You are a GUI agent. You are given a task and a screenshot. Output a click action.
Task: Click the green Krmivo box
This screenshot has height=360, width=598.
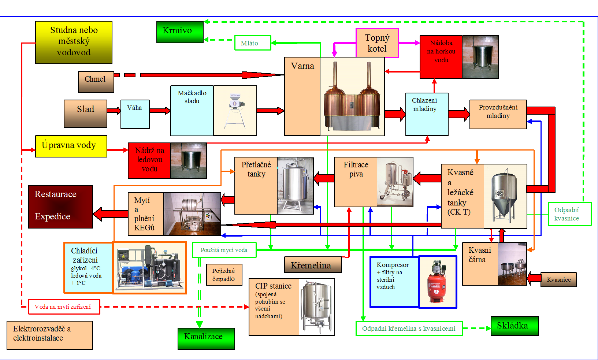180,32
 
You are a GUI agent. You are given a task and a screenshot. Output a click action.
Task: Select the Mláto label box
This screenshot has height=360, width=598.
252,43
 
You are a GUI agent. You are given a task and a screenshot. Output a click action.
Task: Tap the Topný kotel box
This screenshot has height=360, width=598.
377,43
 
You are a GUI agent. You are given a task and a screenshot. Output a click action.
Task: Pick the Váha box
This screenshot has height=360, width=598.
135,114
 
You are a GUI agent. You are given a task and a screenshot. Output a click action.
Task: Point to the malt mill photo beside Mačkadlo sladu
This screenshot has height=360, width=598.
235,111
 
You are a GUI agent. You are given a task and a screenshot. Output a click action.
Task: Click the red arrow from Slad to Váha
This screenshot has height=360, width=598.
114,111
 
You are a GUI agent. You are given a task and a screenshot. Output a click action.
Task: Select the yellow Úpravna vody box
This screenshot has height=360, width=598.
71,146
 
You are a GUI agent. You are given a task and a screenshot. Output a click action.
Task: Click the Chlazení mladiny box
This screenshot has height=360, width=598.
427,114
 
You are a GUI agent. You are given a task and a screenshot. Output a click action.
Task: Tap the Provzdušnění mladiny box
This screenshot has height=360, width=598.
498,114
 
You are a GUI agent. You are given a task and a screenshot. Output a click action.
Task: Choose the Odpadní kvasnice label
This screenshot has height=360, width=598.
569,214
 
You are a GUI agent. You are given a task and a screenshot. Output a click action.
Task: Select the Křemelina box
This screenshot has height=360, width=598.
313,265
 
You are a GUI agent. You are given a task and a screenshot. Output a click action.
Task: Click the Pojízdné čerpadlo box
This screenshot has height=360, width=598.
224,275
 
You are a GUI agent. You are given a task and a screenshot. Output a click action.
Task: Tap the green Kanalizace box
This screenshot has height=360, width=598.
206,338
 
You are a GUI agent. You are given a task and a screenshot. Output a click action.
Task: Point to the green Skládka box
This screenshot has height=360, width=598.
515,326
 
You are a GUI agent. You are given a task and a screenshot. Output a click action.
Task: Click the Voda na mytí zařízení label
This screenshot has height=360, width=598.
64,307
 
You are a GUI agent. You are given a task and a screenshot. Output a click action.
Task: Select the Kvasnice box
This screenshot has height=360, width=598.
558,279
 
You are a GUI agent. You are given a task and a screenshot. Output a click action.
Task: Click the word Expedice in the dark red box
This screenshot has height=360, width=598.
52,216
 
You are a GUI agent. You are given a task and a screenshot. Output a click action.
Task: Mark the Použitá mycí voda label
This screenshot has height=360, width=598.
224,250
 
